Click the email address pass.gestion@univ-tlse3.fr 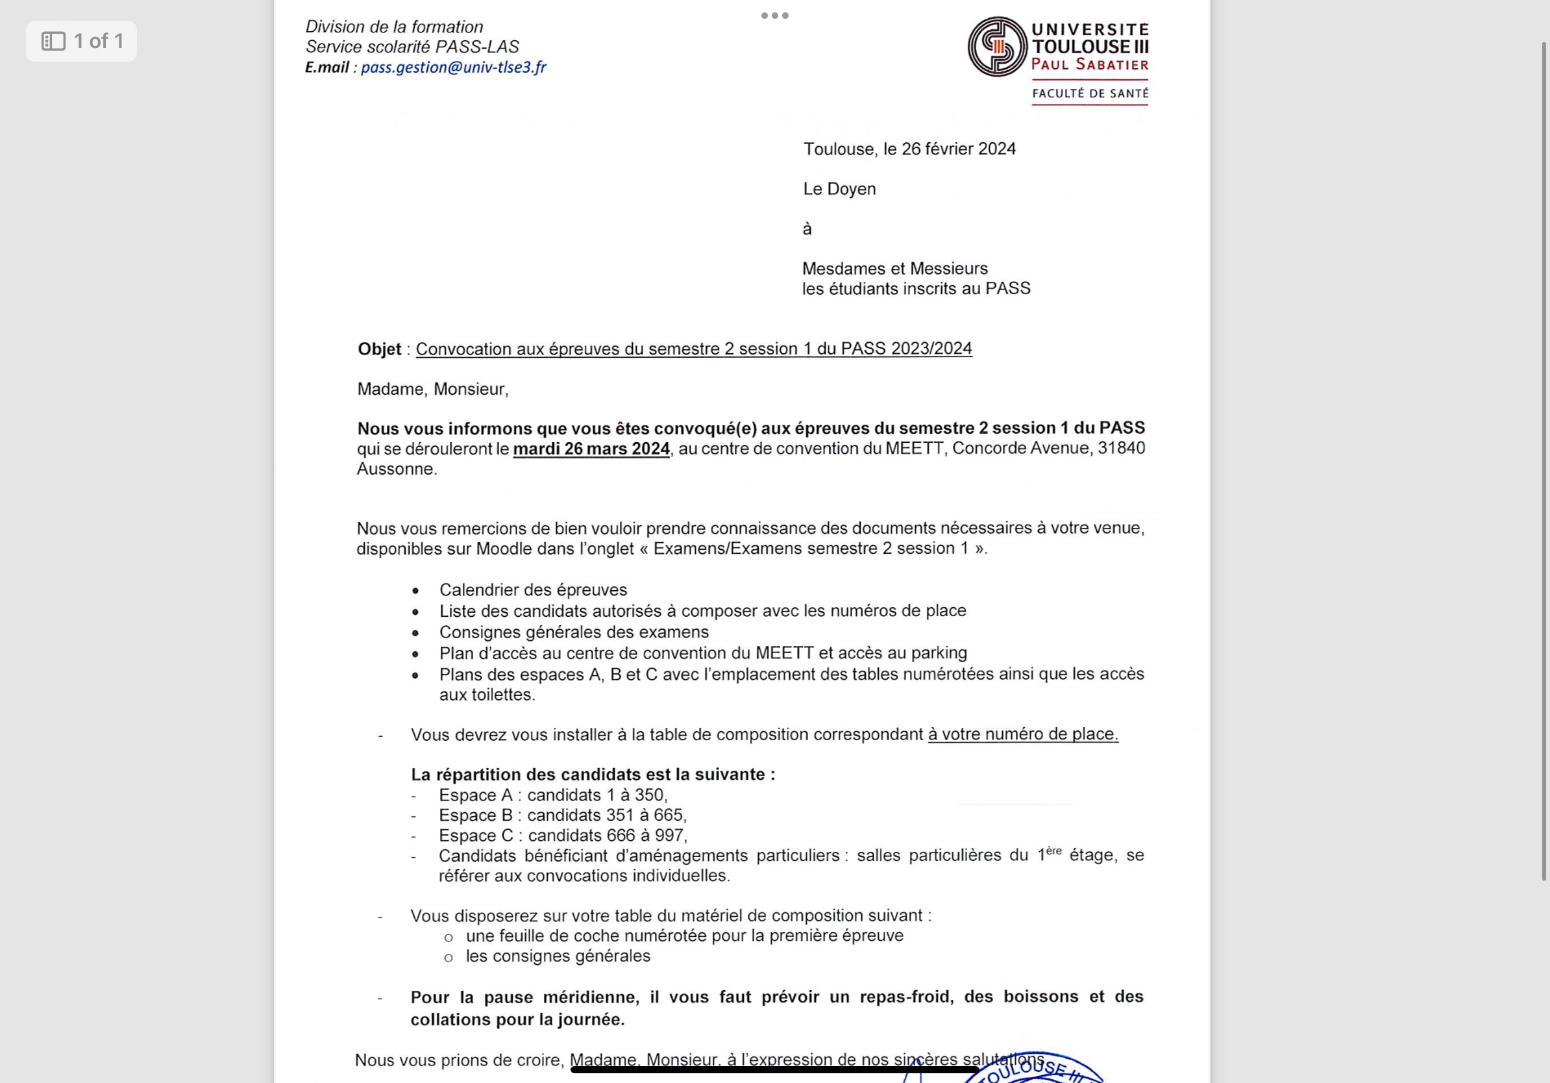pos(453,67)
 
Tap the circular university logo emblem pos(997,47)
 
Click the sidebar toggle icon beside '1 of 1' pos(53,41)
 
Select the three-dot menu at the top pos(774,16)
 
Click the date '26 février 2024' pos(958,149)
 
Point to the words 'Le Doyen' pos(839,189)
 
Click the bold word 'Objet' pos(380,349)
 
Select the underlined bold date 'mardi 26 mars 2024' pos(591,449)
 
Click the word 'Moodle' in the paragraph pos(504,548)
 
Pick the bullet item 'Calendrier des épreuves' pos(533,590)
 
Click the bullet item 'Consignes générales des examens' pos(573,632)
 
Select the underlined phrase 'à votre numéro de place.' pos(1022,734)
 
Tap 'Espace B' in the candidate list pos(475,815)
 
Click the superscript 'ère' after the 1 pos(1053,851)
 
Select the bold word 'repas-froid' pos(904,997)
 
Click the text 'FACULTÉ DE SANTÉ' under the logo pos(1090,93)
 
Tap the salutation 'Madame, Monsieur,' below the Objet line pos(432,389)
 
